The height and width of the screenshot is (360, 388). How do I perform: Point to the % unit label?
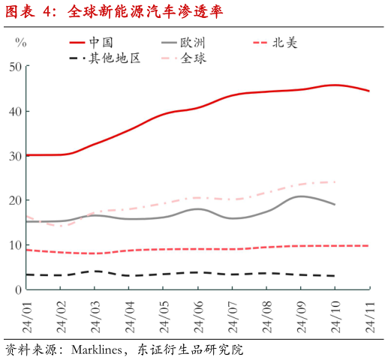pyautogui.click(x=20, y=43)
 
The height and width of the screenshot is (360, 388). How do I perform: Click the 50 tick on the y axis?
pyautogui.click(x=15, y=67)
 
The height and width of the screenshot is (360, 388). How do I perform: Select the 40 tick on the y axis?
pyautogui.click(x=15, y=111)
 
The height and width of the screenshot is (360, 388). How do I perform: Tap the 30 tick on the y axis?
pyautogui.click(x=15, y=156)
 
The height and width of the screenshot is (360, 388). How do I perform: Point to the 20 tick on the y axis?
pyautogui.click(x=15, y=200)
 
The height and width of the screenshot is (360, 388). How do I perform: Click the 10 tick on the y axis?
pyautogui.click(x=15, y=245)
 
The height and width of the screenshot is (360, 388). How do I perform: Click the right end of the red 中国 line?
pyautogui.click(x=369, y=91)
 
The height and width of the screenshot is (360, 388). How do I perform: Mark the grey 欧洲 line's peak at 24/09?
pyautogui.click(x=301, y=196)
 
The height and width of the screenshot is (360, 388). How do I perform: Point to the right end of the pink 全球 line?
pyautogui.click(x=335, y=182)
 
